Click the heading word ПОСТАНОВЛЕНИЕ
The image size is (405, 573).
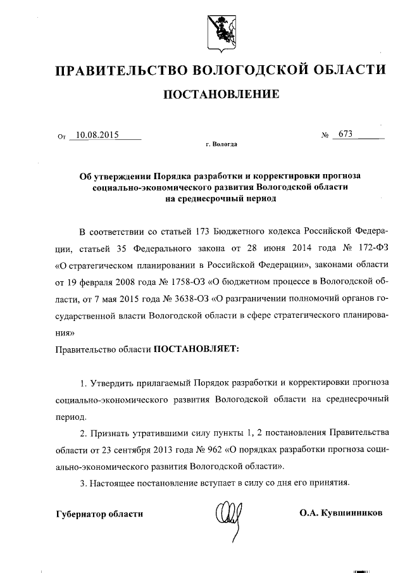(x=221, y=95)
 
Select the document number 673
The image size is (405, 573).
(x=346, y=134)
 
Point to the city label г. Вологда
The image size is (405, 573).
(x=221, y=145)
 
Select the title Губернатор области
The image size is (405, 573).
(x=99, y=513)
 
